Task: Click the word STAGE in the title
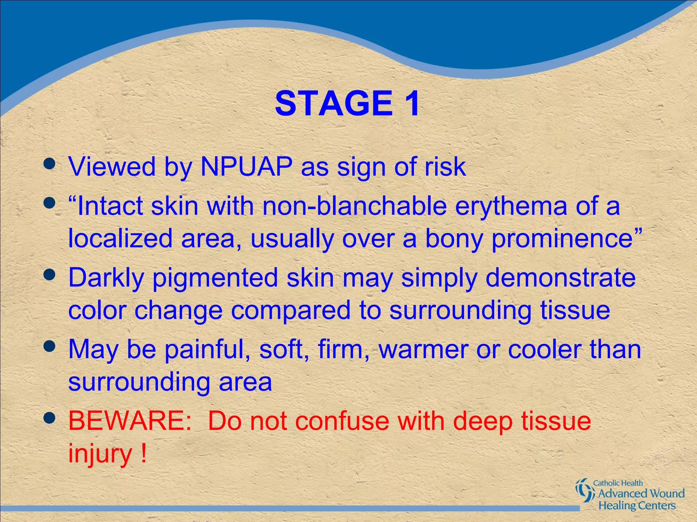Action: click(x=334, y=103)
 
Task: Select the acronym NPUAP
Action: click(x=246, y=167)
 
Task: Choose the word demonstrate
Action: click(x=560, y=278)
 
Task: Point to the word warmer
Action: click(x=423, y=350)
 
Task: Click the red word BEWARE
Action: click(x=130, y=421)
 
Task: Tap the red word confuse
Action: click(x=342, y=421)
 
